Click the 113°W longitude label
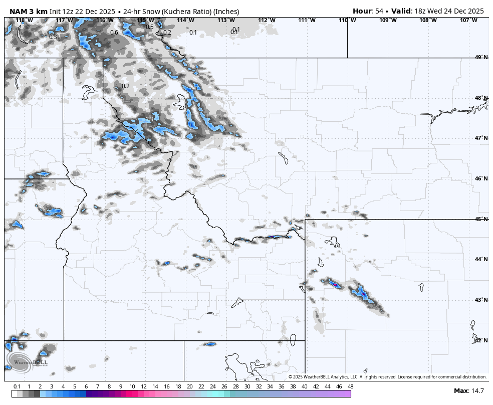tap(226, 20)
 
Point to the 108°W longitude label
tap(428, 20)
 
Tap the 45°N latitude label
tap(481, 219)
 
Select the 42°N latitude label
tap(481, 340)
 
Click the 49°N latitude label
tap(481, 58)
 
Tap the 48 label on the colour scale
tap(350, 386)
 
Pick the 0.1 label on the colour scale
tap(17, 386)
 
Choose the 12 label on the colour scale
tap(143, 386)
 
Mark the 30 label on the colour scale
tap(247, 386)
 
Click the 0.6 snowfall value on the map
tap(114, 33)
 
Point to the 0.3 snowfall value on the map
tap(53, 37)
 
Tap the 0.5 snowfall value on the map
tap(150, 27)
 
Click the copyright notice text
tap(387, 377)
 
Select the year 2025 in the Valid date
tap(474, 11)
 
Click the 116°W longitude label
tap(105, 20)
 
